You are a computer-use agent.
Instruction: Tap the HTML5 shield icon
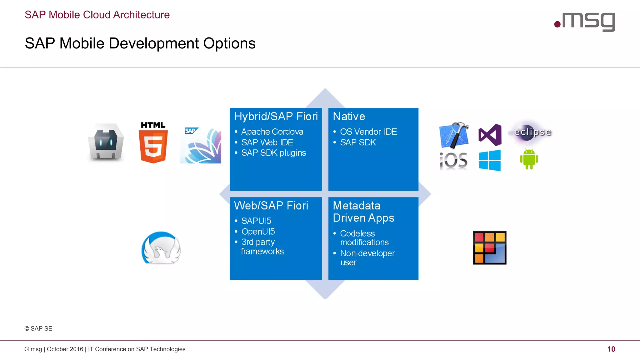point(153,143)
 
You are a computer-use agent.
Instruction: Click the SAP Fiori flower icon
point(201,145)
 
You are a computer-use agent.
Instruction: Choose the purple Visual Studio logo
point(490,135)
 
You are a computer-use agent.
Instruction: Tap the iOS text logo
point(453,161)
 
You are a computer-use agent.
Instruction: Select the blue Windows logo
point(490,160)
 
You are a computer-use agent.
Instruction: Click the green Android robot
point(529,159)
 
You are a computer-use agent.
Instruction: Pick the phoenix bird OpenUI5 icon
point(161,248)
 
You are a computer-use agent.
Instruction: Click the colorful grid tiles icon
point(489,248)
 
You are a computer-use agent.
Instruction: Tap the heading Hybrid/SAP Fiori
point(276,117)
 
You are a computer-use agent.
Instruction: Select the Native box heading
point(349,117)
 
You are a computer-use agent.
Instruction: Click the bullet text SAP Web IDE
point(267,142)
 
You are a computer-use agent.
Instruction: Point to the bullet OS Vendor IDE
point(368,132)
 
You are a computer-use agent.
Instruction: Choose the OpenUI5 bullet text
point(258,232)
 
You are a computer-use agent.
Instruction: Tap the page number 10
point(611,349)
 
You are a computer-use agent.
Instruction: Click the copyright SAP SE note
point(38,328)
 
